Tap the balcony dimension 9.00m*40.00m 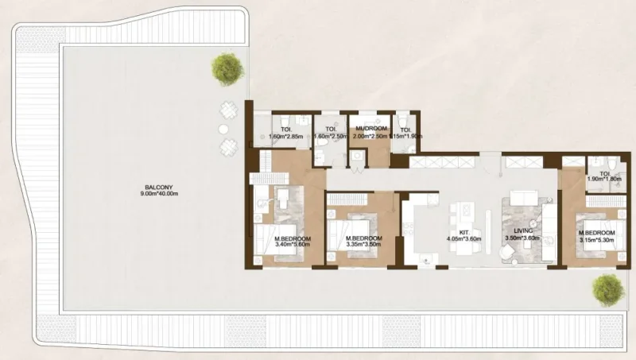pyautogui.click(x=147, y=193)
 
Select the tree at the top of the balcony pyautogui.click(x=227, y=68)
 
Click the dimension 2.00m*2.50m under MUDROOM pyautogui.click(x=370, y=136)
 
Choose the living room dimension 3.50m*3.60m pyautogui.click(x=522, y=238)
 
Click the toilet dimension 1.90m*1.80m pyautogui.click(x=604, y=179)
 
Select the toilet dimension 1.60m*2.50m pyautogui.click(x=329, y=136)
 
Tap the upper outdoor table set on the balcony pyautogui.click(x=228, y=111)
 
